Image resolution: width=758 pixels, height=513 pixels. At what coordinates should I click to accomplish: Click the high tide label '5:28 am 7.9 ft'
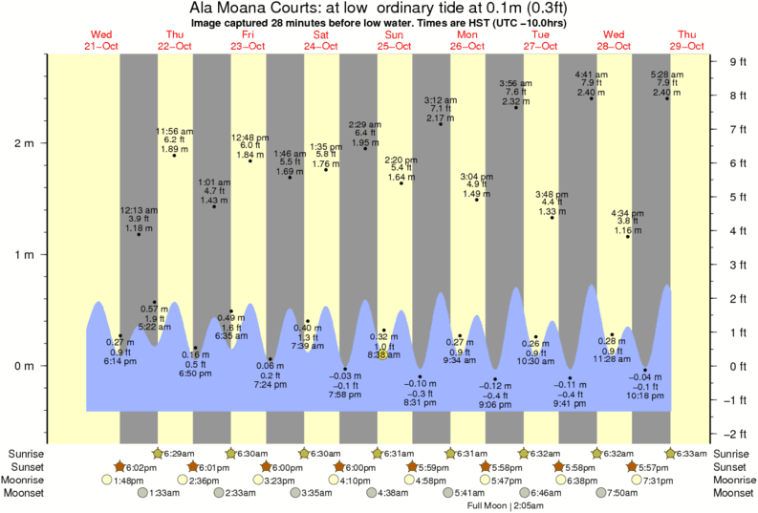[666, 83]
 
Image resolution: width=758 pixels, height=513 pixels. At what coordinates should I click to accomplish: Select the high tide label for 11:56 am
[175, 140]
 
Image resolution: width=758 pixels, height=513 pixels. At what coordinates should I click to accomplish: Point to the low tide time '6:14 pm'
[119, 361]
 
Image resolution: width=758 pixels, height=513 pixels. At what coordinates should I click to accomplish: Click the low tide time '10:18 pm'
[645, 395]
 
